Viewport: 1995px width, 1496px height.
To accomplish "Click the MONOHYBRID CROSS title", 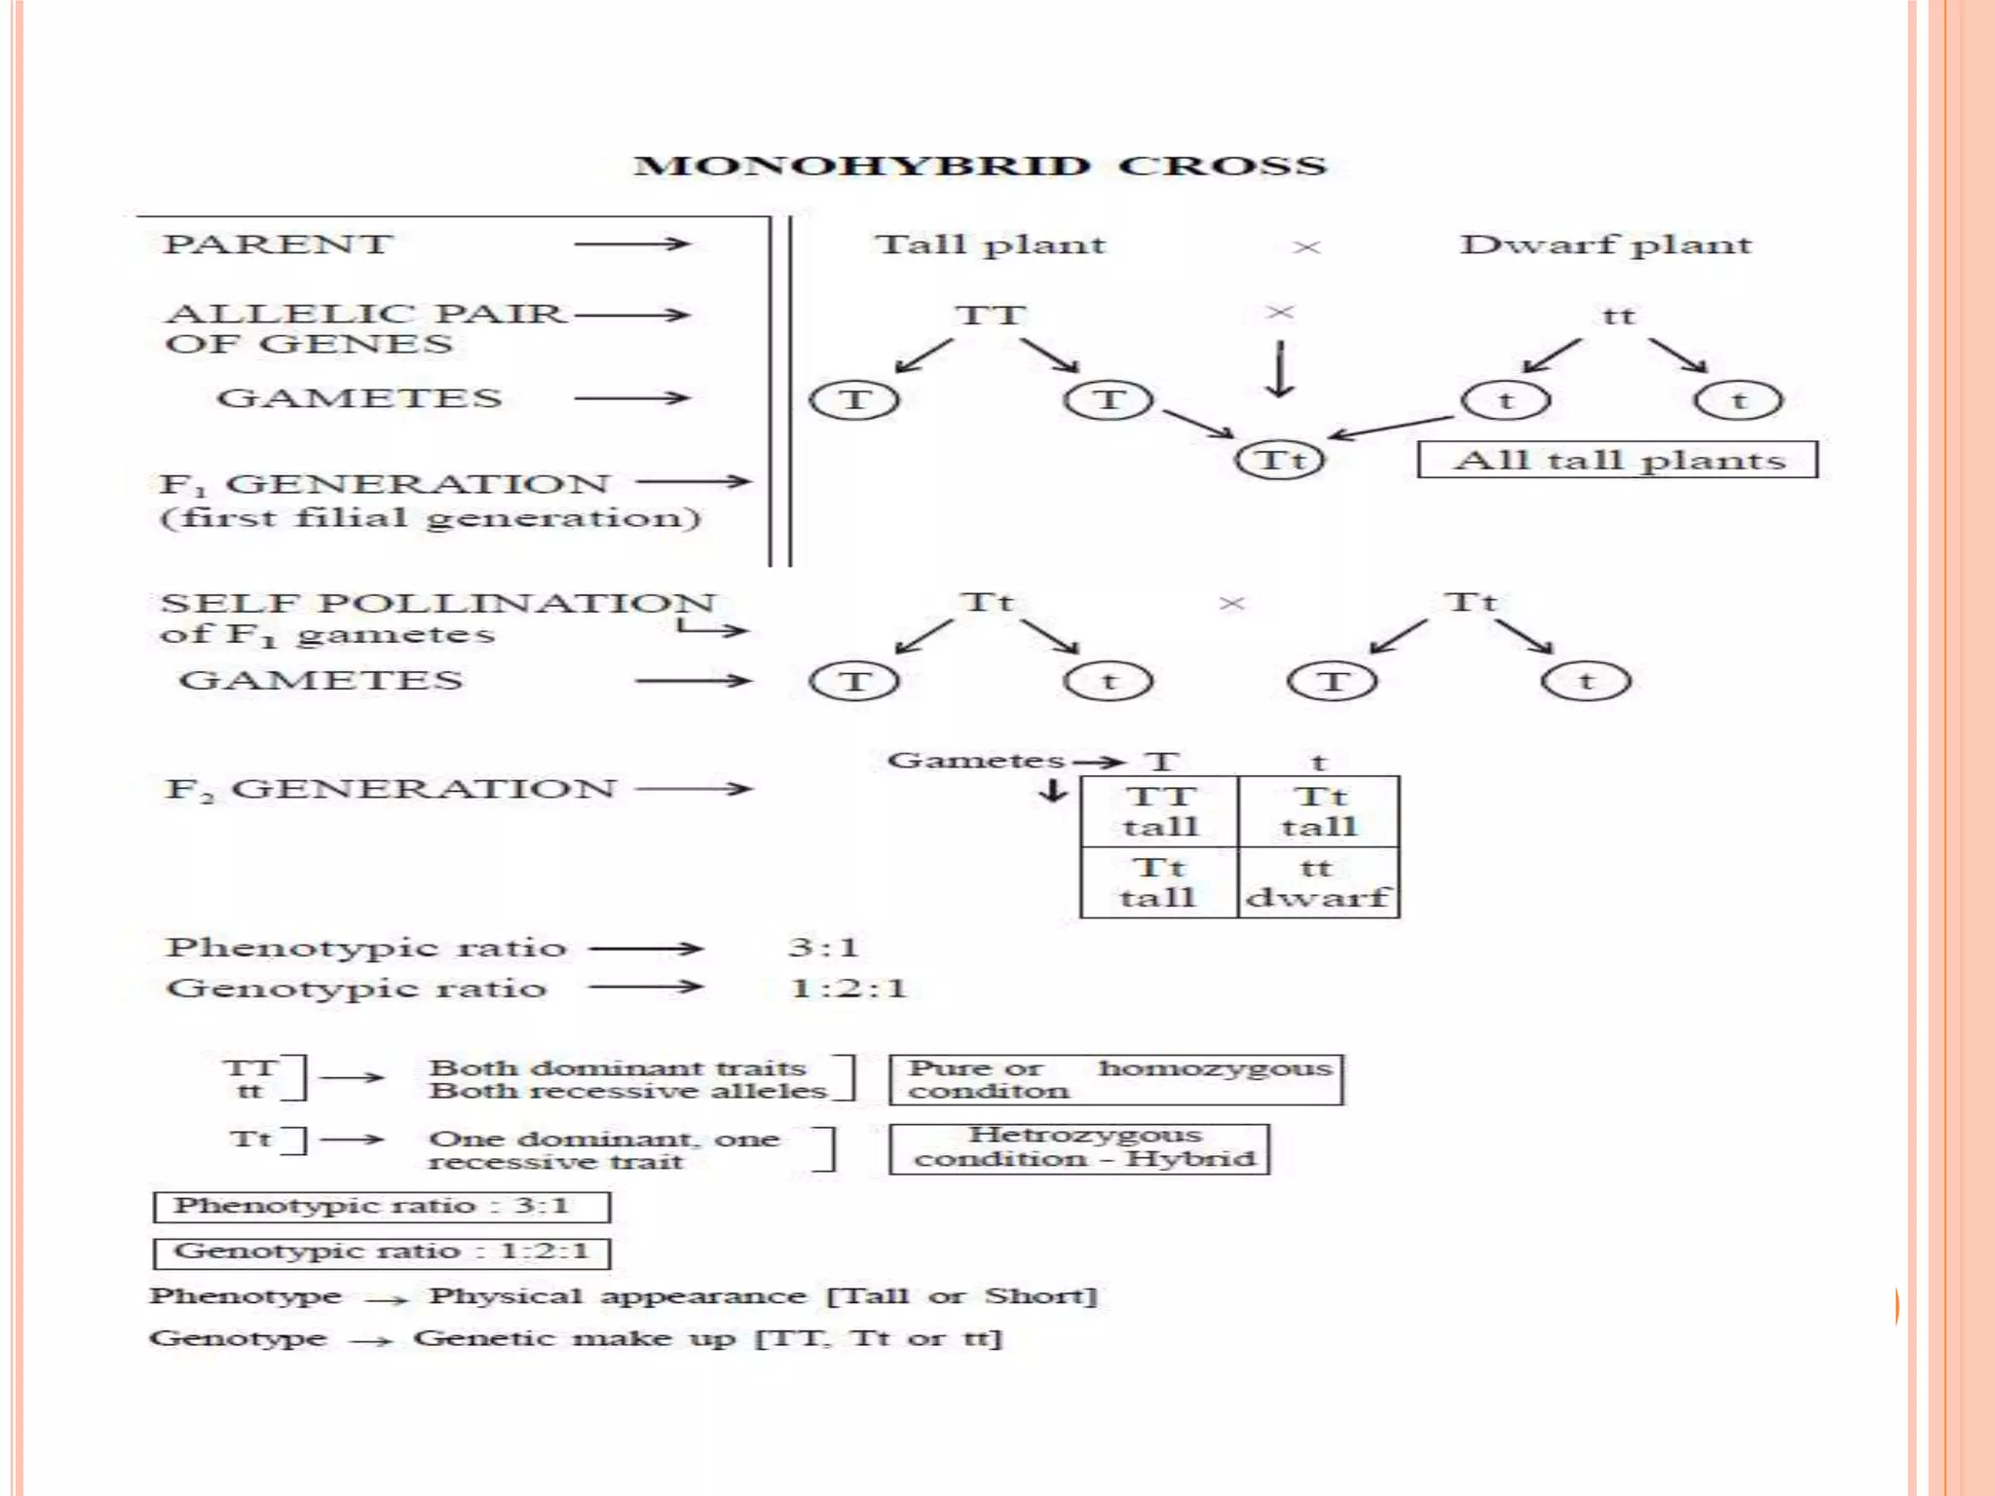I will click(980, 166).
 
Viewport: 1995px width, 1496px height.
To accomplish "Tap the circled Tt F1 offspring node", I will click(1279, 460).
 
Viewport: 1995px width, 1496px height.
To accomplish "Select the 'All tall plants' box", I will click(1617, 460).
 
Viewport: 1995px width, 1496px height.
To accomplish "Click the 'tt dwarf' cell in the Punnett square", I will click(1318, 882).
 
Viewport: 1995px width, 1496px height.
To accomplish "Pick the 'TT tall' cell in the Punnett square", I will click(1159, 811).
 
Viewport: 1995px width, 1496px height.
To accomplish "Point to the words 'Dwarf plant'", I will click(1605, 244).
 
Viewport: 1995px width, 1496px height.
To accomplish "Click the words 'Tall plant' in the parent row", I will click(990, 244).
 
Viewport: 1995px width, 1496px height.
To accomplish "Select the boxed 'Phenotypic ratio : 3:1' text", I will click(381, 1207).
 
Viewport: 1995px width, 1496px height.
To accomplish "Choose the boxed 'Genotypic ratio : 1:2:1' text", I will click(381, 1253).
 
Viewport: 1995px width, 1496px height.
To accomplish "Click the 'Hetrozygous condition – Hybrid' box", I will click(1079, 1148).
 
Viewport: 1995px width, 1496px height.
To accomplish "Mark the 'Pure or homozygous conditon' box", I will click(1116, 1079).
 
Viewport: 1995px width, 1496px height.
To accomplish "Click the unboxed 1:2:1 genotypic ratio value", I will click(848, 989).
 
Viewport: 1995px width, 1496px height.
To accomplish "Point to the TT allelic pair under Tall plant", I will click(990, 316).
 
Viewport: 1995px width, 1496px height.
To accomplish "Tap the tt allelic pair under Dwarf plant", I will click(1618, 316).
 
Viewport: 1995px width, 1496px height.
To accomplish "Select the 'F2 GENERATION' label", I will click(390, 788).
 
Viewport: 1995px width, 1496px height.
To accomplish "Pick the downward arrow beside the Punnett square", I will click(1052, 790).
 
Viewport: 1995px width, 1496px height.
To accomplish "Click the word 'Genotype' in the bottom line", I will click(238, 1338).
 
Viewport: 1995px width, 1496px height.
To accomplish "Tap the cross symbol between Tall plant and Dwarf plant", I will click(1305, 247).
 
